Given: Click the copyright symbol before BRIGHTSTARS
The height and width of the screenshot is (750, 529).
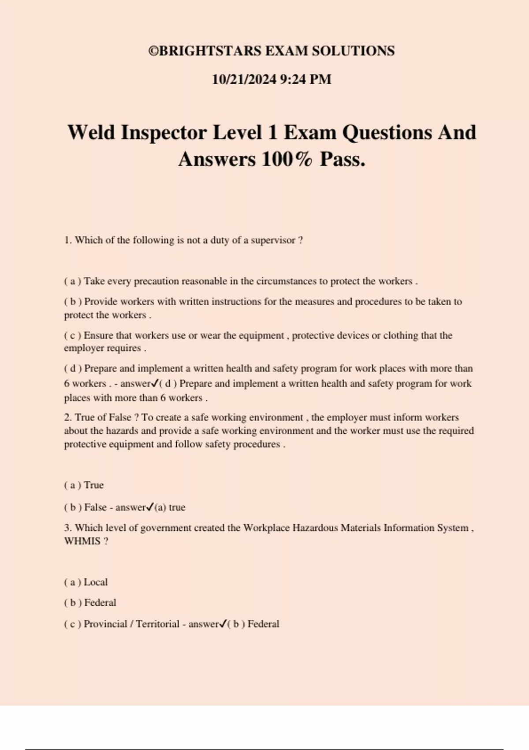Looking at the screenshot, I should point(153,51).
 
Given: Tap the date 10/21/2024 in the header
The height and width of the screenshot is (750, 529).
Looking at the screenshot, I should point(244,79).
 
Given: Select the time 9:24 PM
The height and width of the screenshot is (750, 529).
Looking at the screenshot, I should point(305,79).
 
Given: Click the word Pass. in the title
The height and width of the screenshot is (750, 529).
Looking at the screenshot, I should point(343,159).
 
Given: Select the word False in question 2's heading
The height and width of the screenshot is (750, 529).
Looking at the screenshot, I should point(119,417).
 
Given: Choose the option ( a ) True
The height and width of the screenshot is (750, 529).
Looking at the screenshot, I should point(84,485).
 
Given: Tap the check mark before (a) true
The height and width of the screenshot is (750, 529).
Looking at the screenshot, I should point(149,507).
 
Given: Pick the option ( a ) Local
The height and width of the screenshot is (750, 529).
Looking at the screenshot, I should point(86,582).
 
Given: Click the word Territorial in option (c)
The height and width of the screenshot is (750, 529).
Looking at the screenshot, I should point(157,624).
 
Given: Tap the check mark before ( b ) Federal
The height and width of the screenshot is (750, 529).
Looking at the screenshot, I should point(223,623).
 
